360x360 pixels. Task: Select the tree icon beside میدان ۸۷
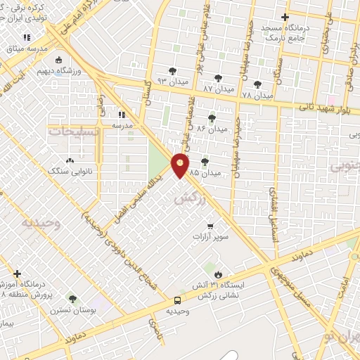[217, 78]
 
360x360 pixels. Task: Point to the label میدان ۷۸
[256, 95]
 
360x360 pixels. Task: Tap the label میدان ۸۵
[211, 172]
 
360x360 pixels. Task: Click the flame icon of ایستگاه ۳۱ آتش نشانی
[218, 274]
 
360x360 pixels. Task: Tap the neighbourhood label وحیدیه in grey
[38, 223]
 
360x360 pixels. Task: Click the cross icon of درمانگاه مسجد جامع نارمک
[284, 17]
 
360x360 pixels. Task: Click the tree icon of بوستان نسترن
[72, 299]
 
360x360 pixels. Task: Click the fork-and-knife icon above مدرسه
[121, 114]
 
